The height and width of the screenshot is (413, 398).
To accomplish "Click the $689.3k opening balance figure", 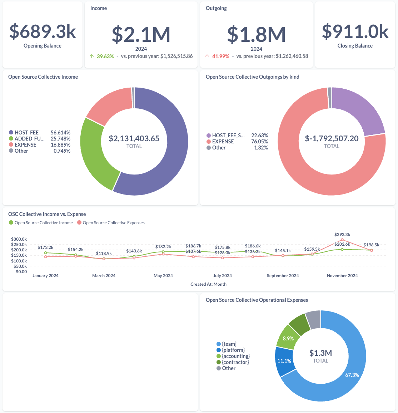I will click(x=43, y=31).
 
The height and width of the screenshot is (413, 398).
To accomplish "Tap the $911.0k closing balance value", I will click(x=355, y=31).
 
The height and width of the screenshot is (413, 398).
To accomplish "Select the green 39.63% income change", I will click(x=105, y=56).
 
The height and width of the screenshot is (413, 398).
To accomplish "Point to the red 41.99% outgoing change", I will click(x=220, y=56).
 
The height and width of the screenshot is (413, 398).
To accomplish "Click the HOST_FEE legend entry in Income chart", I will click(x=26, y=133).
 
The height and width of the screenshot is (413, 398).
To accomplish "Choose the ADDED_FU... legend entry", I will click(x=30, y=139).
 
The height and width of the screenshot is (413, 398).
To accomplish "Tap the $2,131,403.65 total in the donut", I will click(x=134, y=138).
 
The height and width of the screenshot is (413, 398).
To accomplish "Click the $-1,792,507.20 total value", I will click(x=332, y=138).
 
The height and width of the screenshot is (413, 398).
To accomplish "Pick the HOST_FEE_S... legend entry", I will click(x=228, y=136).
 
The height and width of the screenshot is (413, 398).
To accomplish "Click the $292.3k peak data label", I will click(x=342, y=235).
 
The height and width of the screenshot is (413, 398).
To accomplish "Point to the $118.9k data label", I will click(x=104, y=254).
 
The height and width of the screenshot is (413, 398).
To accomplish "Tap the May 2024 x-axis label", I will click(x=163, y=276).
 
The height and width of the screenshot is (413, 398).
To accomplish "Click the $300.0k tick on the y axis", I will click(x=19, y=239).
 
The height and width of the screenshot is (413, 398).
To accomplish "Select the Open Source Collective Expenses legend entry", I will click(x=114, y=223).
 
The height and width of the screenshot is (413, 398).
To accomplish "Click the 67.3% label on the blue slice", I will click(x=352, y=375).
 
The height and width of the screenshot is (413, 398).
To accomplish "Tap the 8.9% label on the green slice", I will click(x=288, y=338).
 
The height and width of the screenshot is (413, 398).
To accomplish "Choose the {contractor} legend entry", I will click(x=235, y=362).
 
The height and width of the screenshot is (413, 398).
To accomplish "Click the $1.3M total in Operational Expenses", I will click(x=320, y=353).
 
